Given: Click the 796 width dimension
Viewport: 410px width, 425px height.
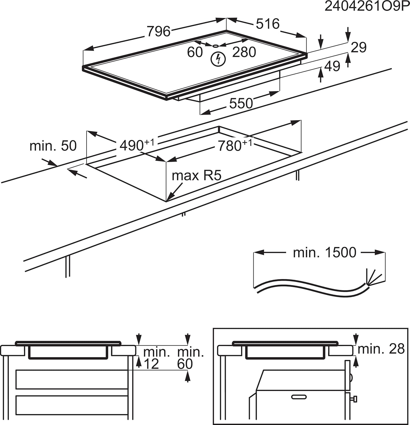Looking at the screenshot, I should [159, 31].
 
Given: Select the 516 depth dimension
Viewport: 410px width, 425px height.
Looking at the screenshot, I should [267, 24].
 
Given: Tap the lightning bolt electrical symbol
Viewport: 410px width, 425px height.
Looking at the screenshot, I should [218, 59].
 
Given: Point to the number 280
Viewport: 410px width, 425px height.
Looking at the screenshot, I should [244, 52].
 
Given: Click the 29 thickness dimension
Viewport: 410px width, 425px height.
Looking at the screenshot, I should [359, 47].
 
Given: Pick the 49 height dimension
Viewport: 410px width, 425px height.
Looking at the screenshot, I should [332, 66].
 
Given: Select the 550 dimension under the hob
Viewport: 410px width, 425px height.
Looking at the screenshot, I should [241, 103].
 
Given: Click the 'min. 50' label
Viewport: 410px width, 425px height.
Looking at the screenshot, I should [53, 146].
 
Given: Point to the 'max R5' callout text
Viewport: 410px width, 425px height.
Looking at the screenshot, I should [197, 176].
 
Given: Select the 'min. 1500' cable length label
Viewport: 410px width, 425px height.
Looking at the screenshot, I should [324, 252].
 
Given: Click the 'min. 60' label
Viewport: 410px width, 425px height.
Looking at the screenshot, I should [190, 358].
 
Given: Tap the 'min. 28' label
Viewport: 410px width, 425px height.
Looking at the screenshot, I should [381, 349].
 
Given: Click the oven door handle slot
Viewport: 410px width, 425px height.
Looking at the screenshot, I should [299, 397].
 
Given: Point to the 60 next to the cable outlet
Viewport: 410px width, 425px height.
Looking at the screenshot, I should [195, 52].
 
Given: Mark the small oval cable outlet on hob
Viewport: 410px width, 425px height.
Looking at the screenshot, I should [215, 46].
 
